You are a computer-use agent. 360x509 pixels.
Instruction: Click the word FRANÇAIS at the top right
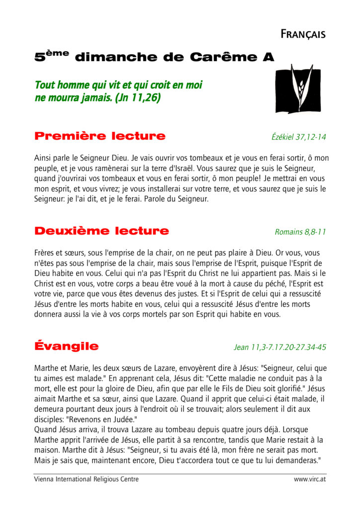(303, 34)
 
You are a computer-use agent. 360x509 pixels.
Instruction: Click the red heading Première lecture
(99, 136)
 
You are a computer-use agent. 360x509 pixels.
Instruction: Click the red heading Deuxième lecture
(101, 231)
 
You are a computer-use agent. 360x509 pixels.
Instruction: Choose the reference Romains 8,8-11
(300, 232)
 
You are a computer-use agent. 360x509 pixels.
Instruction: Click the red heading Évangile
(67, 346)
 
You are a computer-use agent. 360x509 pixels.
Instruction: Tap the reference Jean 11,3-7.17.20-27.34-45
(280, 347)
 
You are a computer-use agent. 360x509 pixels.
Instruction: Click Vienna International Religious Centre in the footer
(87, 479)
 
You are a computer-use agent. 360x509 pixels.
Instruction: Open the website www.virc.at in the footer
(310, 479)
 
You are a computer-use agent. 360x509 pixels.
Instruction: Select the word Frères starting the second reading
(46, 253)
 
